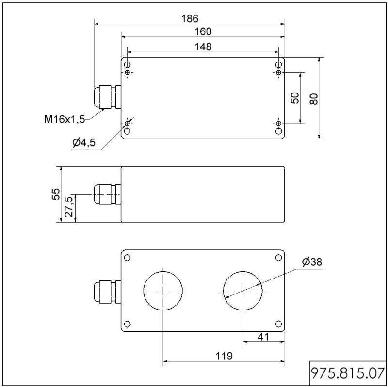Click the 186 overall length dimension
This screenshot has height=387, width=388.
coord(190,19)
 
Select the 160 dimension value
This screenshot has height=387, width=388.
coord(203,31)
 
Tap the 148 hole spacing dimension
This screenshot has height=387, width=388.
coord(203,46)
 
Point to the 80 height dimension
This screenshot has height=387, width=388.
coord(314,99)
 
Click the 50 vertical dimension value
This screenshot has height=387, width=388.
coord(295,98)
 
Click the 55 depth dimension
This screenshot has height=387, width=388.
coord(56,194)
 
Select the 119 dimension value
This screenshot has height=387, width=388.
coord(223,356)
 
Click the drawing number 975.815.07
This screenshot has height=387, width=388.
coord(348,373)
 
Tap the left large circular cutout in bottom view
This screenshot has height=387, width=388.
coord(163,291)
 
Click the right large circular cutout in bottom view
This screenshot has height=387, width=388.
coord(243,291)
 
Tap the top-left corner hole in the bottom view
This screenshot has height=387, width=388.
coord(128,257)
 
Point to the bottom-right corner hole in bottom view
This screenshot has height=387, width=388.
coord(278,324)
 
